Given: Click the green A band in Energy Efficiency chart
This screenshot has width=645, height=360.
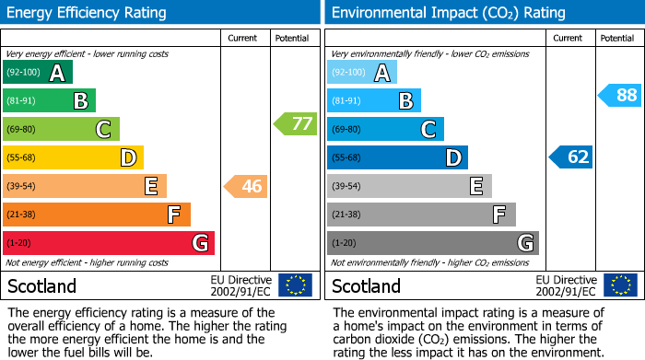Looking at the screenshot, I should point(38,73).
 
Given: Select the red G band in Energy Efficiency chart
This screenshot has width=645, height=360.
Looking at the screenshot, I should point(109,243).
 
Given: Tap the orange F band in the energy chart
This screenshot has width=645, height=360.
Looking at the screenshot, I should point(97,215).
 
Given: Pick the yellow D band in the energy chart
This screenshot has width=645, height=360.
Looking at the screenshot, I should point(73,157).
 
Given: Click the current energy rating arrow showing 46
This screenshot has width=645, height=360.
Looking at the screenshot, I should point(246,187).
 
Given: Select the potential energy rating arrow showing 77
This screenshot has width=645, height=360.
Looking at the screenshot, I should point(296,123).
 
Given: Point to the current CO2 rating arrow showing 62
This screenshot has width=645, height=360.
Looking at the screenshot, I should point(571,157).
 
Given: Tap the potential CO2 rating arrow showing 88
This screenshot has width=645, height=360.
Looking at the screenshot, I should point(620,95).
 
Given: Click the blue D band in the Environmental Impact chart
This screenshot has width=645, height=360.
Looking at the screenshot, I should point(397,157).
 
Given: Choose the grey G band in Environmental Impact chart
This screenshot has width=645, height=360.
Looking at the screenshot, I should point(432,243).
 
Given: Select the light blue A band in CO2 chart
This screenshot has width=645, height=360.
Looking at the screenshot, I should point(362,73).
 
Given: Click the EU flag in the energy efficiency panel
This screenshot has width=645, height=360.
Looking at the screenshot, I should point(295,285).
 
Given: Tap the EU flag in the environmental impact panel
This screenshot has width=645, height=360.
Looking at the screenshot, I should point(620,285).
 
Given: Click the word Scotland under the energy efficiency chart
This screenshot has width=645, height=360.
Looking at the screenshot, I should point(42,286).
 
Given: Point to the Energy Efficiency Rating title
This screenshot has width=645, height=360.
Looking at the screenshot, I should point(88,13).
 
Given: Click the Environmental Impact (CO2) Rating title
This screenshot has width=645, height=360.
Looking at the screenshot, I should point(447,13).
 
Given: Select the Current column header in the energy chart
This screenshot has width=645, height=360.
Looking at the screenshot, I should point(244,38).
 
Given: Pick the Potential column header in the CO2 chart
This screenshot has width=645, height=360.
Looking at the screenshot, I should point(617,38).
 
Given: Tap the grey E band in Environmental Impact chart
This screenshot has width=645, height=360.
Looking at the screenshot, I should point(409,186).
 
